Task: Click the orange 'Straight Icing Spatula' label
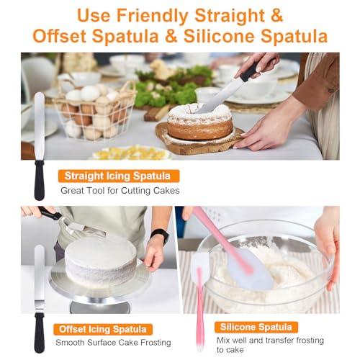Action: tap(119, 176)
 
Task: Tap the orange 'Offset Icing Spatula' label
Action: tap(103, 329)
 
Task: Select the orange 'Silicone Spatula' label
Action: tap(256, 327)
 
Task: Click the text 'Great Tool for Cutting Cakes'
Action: tap(120, 191)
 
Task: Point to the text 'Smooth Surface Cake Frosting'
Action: tap(113, 343)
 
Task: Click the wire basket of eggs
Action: tap(95, 112)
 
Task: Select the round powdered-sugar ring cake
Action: tap(200, 122)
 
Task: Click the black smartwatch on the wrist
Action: tap(160, 235)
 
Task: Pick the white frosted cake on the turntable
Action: tap(101, 260)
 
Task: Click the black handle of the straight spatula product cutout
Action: tap(40, 181)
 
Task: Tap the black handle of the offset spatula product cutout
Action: tap(40, 333)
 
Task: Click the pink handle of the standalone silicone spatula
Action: tap(200, 310)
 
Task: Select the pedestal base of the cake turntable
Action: tap(101, 307)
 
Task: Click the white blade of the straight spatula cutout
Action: tap(40, 126)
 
